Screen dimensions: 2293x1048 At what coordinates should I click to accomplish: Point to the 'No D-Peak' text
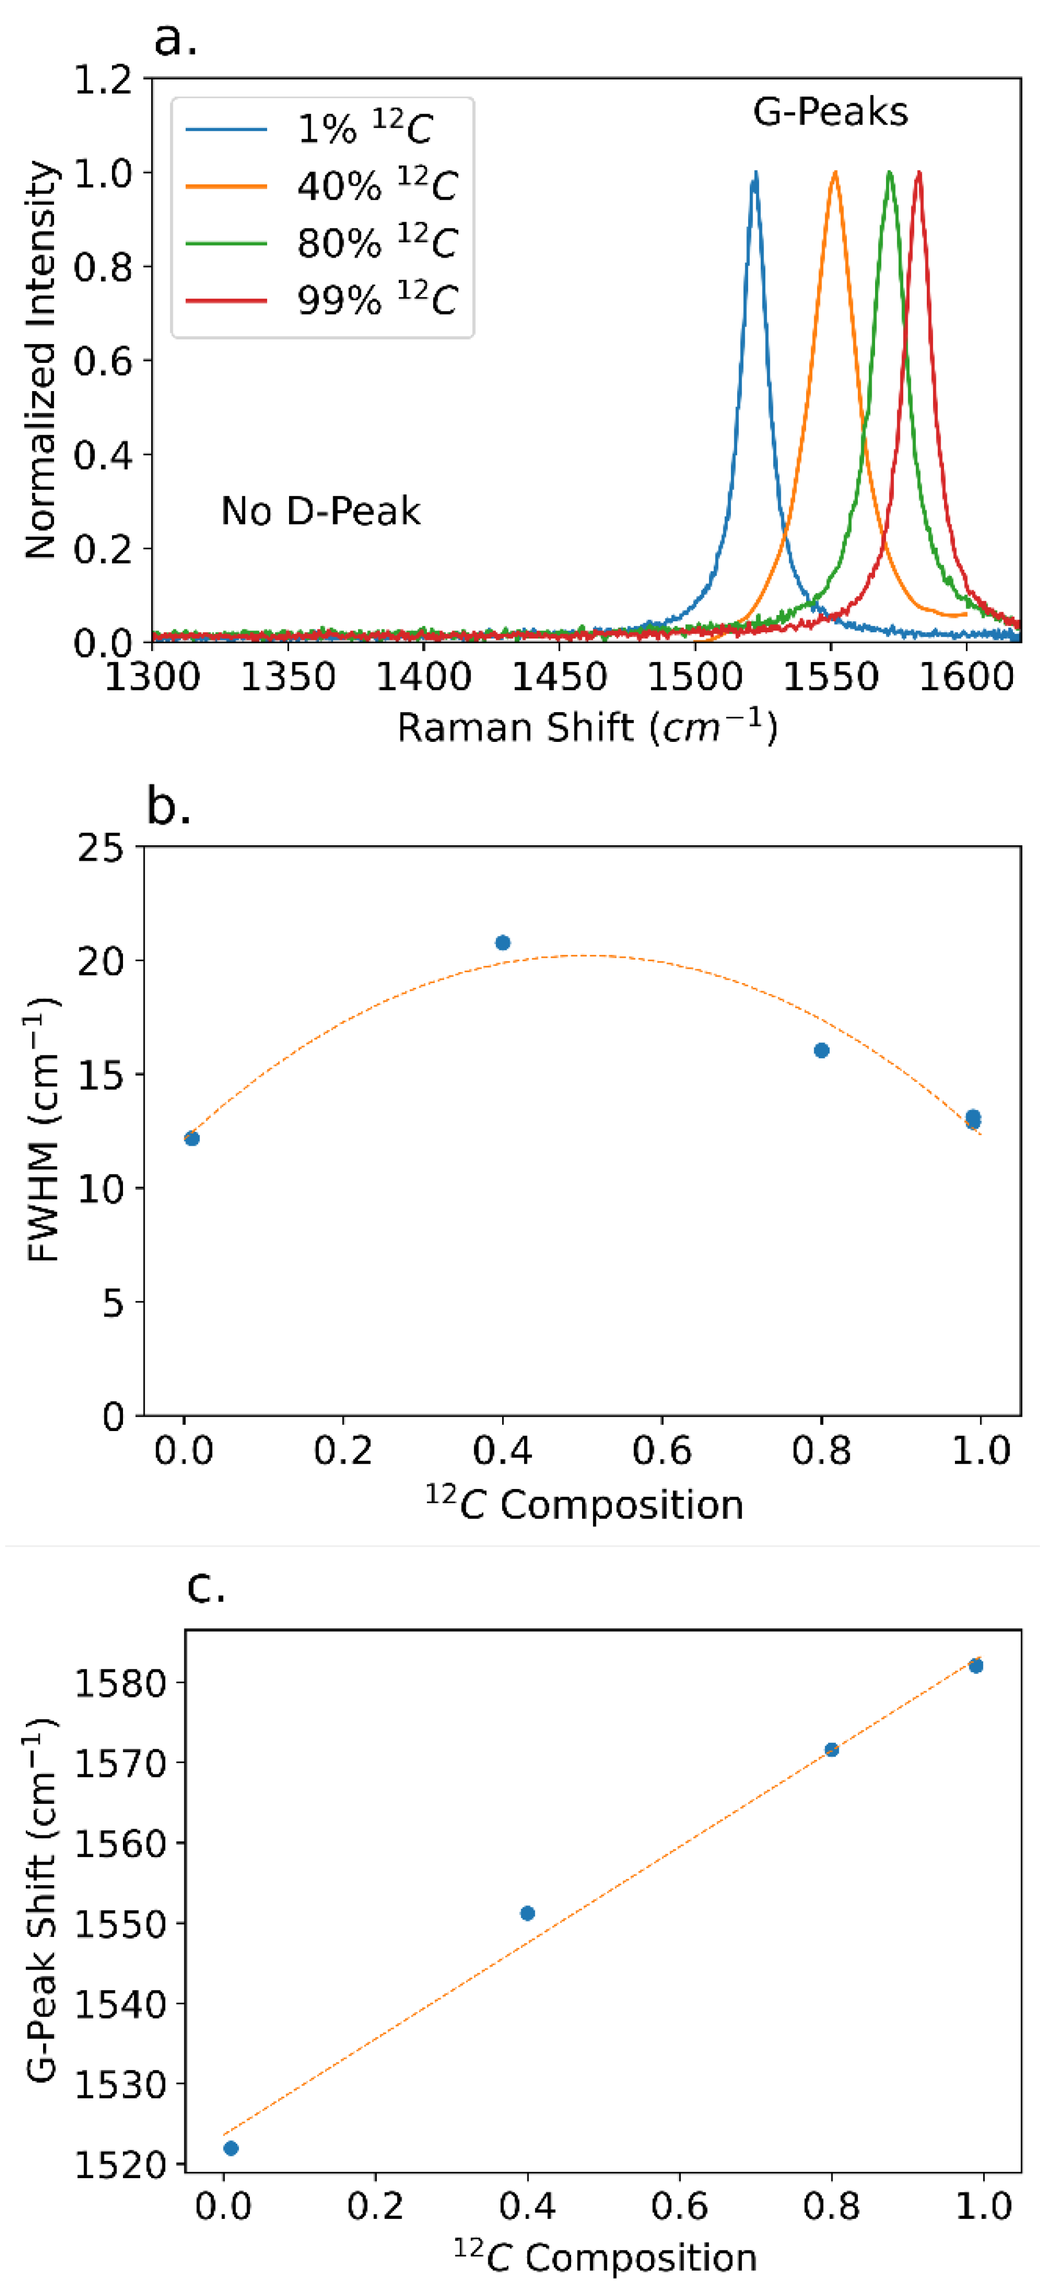[x=321, y=512]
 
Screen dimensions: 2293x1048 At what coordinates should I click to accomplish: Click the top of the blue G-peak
[x=755, y=173]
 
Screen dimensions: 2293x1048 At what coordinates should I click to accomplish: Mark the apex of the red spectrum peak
[x=918, y=173]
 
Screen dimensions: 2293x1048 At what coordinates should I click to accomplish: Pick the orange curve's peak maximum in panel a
[x=835, y=173]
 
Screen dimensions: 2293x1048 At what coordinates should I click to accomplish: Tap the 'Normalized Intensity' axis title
[x=41, y=361]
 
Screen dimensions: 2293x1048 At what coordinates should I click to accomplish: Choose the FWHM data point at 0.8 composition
[x=822, y=1050]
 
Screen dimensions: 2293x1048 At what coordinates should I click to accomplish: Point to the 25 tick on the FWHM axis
[x=100, y=848]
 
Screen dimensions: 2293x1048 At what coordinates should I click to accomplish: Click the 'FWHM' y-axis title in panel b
[x=43, y=1131]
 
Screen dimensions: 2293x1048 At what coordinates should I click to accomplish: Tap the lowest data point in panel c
[x=230, y=2148]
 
